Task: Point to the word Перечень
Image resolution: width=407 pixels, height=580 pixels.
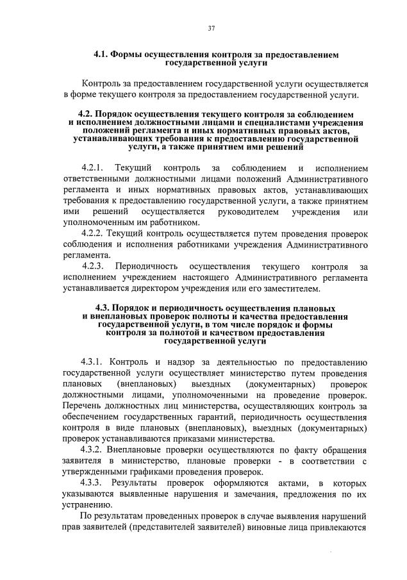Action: [86, 406]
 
